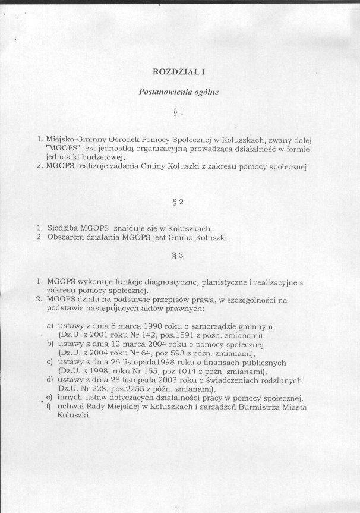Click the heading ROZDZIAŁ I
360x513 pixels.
coord(179,73)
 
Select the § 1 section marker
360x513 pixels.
coord(179,111)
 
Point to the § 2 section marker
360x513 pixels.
coord(179,202)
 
